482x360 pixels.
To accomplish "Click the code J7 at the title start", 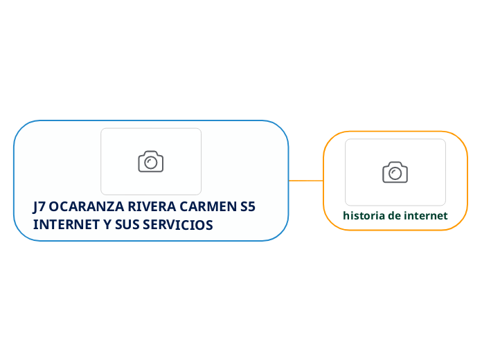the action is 39,207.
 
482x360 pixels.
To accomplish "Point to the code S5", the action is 247,207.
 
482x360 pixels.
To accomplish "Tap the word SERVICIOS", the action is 179,226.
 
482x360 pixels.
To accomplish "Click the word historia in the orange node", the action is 364,216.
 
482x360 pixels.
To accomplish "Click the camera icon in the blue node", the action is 151,161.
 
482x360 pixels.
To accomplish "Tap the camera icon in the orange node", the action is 395,172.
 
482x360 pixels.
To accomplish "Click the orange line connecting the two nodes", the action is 305,181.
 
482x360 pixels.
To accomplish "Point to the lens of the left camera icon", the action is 151,163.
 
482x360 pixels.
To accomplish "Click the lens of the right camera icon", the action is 395,173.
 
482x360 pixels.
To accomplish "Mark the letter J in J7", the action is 35,207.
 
